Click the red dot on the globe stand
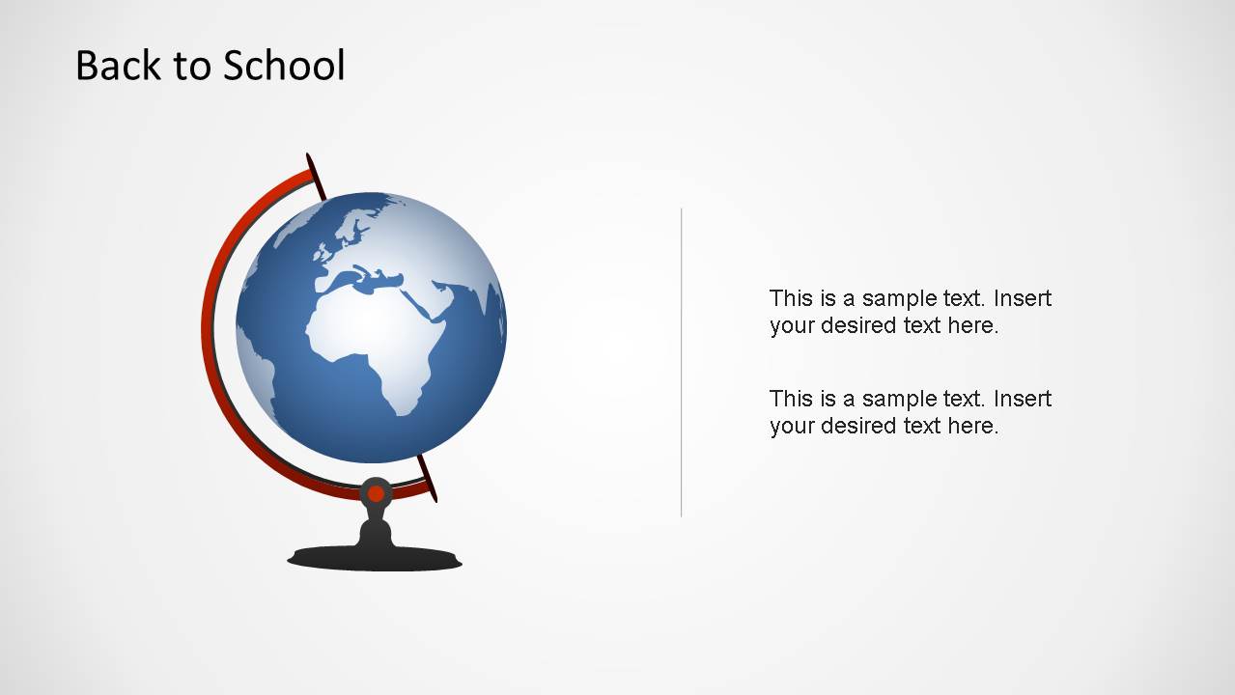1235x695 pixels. point(376,494)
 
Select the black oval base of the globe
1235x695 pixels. point(375,558)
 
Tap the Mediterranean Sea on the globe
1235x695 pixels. point(372,279)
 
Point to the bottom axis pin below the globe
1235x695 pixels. point(428,479)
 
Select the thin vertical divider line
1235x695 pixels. point(682,362)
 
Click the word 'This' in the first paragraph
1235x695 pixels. point(789,298)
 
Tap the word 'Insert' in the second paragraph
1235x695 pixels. point(1022,399)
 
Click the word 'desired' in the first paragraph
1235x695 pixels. point(858,325)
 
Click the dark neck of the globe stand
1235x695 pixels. point(376,530)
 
